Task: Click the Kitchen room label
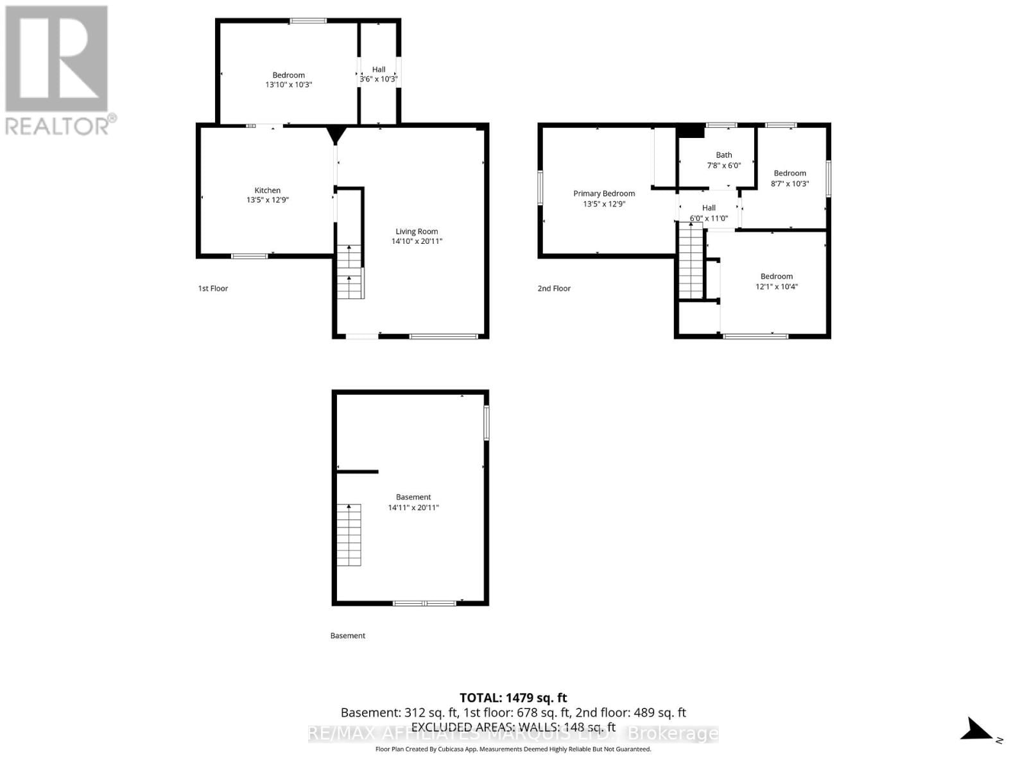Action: pyautogui.click(x=268, y=191)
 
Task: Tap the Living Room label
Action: pyautogui.click(x=417, y=232)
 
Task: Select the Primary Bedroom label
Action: pyautogui.click(x=604, y=194)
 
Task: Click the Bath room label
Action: pyautogui.click(x=724, y=155)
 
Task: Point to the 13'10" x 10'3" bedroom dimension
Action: pyautogui.click(x=289, y=85)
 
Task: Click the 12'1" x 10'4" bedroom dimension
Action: pyautogui.click(x=777, y=287)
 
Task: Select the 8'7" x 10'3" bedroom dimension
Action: pyautogui.click(x=790, y=184)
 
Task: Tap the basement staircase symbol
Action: pyautogui.click(x=349, y=535)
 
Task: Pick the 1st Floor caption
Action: pyautogui.click(x=213, y=289)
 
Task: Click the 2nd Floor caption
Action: pyautogui.click(x=554, y=289)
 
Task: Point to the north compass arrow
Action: pyautogui.click(x=977, y=730)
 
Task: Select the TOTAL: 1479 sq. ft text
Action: pyautogui.click(x=513, y=697)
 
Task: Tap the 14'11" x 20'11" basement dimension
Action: pyautogui.click(x=413, y=508)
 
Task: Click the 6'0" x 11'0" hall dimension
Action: pyautogui.click(x=709, y=218)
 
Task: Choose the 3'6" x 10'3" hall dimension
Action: pyautogui.click(x=379, y=80)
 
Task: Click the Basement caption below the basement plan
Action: pyautogui.click(x=348, y=636)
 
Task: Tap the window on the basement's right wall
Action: pyautogui.click(x=487, y=422)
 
